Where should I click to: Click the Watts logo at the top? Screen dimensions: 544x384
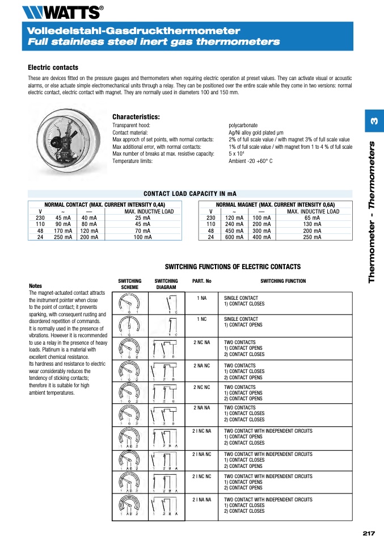[x=62, y=11]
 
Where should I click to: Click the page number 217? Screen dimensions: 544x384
[x=369, y=533]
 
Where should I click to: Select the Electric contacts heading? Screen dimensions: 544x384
[x=53, y=67]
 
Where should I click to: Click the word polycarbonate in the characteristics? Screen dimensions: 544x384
[x=243, y=125]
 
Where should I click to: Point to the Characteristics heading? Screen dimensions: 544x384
[x=136, y=117]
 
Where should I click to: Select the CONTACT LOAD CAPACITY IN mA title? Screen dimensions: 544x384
[x=189, y=194]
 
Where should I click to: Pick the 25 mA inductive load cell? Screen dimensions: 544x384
[x=142, y=218]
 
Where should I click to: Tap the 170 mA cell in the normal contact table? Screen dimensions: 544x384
[x=63, y=231]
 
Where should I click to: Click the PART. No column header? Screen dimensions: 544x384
[x=202, y=281]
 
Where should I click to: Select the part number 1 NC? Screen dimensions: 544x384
[x=202, y=319]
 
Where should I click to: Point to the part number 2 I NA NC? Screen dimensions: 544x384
[x=202, y=454]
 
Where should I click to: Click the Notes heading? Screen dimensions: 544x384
[x=35, y=286]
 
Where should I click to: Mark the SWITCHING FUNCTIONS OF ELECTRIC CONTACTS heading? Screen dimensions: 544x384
[x=233, y=267]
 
